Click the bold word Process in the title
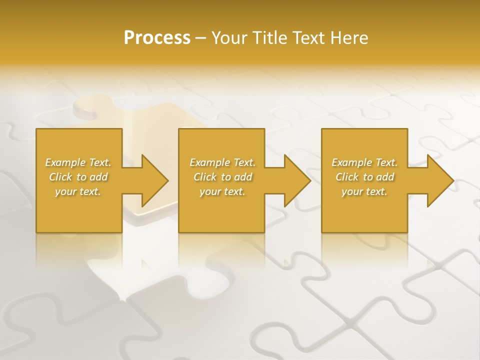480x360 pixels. click(157, 38)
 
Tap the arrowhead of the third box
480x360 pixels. click(439, 180)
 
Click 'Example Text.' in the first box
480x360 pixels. click(78, 162)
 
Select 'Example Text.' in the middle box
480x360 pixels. click(222, 162)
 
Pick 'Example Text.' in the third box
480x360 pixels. click(364, 162)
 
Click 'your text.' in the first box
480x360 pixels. click(78, 191)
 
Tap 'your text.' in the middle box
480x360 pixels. click(222, 191)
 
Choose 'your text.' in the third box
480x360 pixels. click(364, 191)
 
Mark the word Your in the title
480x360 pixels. click(228, 38)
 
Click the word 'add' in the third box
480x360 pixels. click(385, 177)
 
